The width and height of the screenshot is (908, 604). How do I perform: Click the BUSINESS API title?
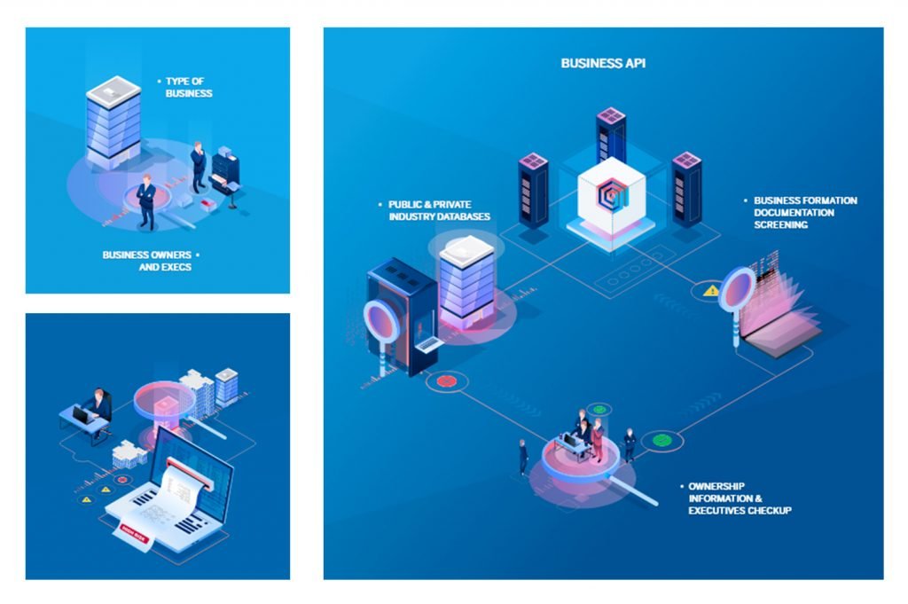point(603,63)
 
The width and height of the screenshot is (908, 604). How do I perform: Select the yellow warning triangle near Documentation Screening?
point(710,290)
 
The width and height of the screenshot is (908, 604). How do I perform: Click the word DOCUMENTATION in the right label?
point(794,213)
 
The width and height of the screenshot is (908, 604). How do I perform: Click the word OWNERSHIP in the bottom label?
point(716,486)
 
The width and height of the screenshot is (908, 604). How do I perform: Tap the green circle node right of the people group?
point(661,439)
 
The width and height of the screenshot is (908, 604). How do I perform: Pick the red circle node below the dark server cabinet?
point(446,381)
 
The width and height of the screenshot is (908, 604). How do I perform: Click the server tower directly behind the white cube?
point(611,133)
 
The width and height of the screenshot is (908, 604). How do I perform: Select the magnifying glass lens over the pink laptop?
point(737,288)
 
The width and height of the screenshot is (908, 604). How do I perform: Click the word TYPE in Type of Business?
point(177,82)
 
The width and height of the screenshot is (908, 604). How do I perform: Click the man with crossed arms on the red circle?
point(146,201)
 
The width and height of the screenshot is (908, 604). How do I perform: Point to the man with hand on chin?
point(198,166)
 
